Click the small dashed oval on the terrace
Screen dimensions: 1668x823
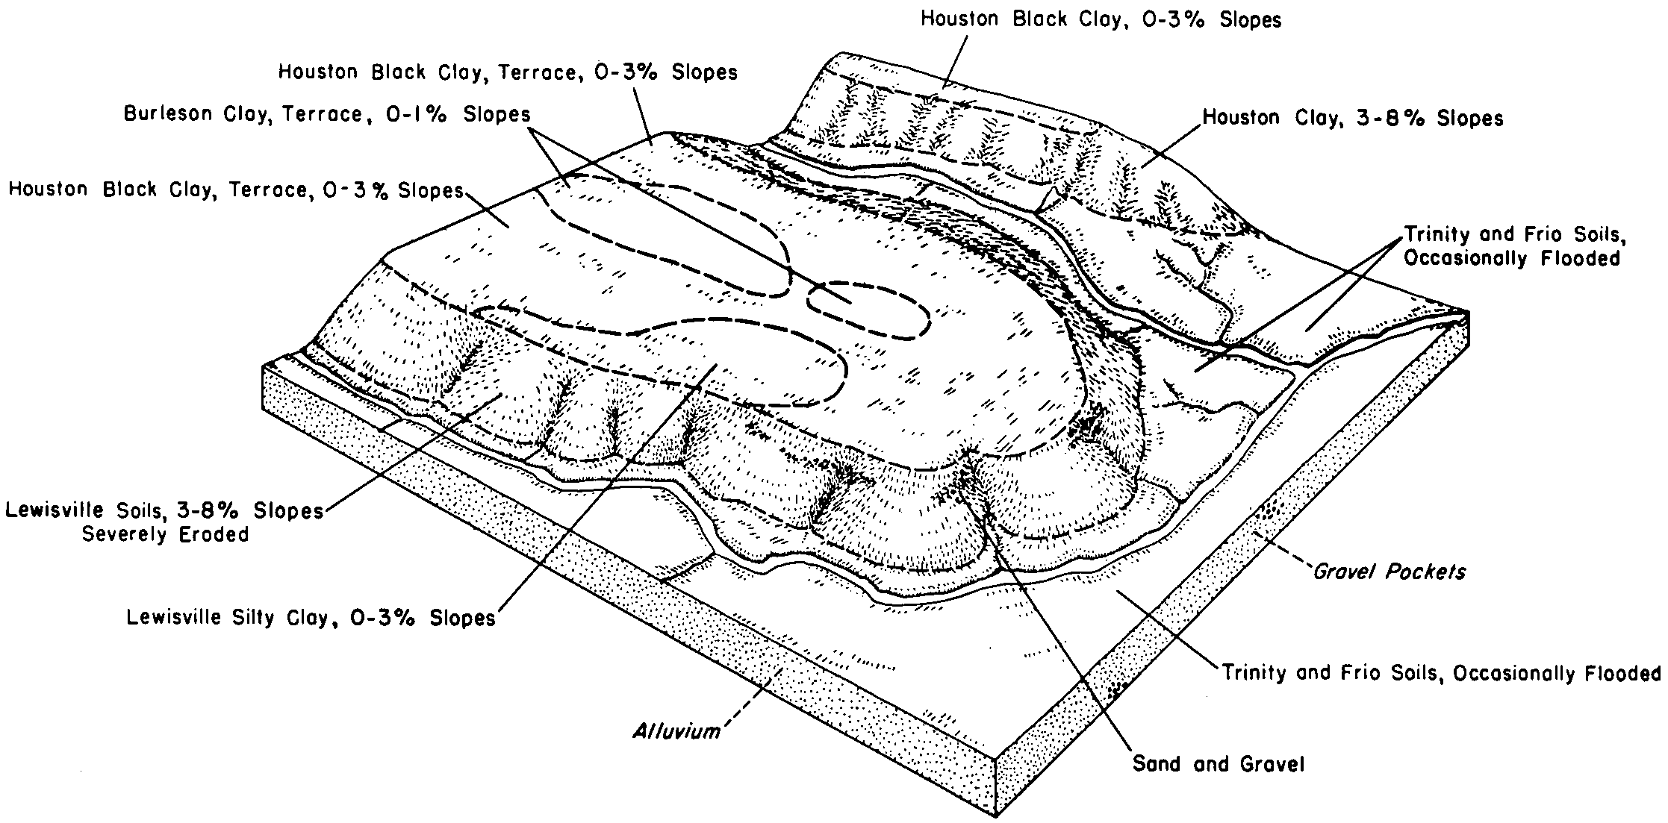click(x=868, y=310)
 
